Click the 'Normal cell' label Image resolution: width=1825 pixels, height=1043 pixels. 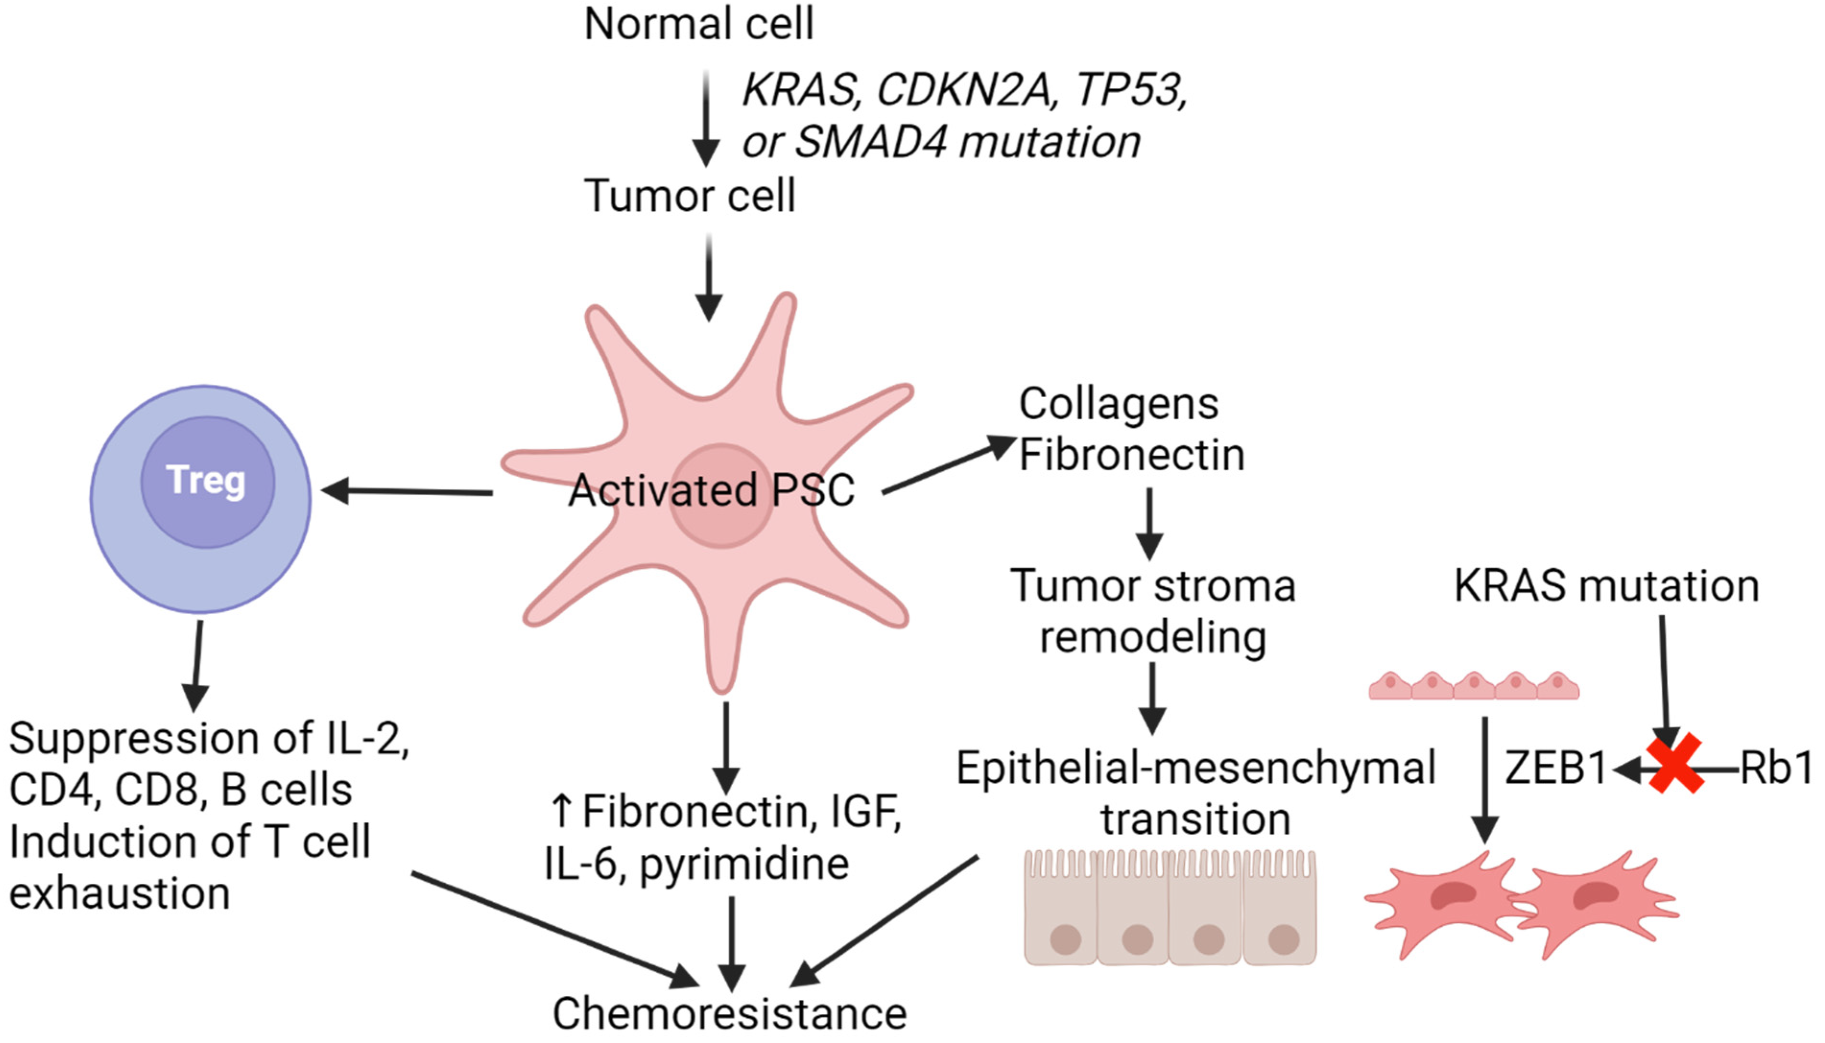click(x=699, y=24)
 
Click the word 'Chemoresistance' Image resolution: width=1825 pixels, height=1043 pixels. click(x=729, y=1014)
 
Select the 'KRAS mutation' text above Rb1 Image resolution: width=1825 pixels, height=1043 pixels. click(x=1606, y=586)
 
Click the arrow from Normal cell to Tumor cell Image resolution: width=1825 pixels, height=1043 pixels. click(x=706, y=118)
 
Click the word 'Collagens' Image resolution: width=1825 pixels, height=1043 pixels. click(x=1118, y=404)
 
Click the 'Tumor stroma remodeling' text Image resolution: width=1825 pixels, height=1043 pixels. click(x=1152, y=611)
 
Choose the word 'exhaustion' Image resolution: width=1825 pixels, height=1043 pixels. click(x=119, y=894)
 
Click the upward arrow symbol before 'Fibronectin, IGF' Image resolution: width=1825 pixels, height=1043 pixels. click(x=562, y=810)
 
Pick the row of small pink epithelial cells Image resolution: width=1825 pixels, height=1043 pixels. click(x=1474, y=686)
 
